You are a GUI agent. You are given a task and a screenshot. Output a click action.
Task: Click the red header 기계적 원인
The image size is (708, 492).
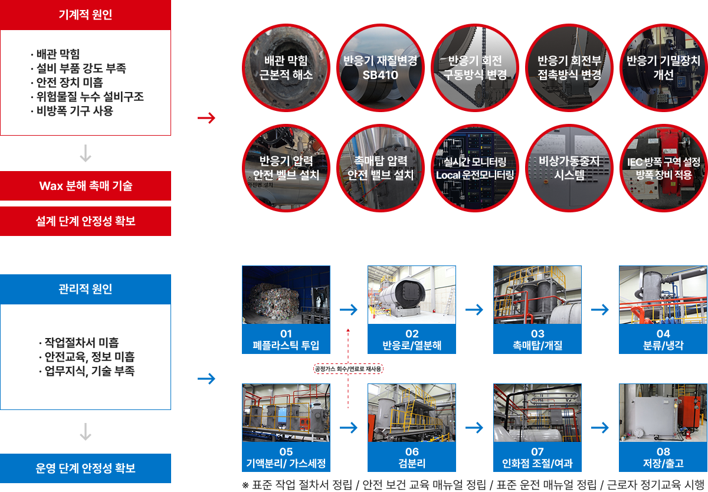tap(86, 15)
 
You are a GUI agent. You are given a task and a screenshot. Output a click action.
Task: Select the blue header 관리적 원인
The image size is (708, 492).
tap(86, 289)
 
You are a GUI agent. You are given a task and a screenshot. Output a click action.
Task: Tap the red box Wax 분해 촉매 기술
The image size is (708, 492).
tap(86, 186)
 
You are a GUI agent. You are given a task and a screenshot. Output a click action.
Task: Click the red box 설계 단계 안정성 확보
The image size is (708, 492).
tap(86, 221)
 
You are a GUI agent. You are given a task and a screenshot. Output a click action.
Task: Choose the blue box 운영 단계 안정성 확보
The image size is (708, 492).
tap(86, 468)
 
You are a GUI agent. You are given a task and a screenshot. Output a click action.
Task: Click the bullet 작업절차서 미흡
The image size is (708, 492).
tap(78, 343)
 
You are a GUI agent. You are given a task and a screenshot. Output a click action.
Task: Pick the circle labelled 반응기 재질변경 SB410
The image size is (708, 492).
tap(380, 68)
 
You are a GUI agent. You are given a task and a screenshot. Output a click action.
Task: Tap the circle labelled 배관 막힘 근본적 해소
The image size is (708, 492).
tap(286, 68)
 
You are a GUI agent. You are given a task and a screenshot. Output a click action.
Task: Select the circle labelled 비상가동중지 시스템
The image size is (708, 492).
tap(569, 168)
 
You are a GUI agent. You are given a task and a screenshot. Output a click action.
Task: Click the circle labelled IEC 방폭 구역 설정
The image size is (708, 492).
tap(663, 168)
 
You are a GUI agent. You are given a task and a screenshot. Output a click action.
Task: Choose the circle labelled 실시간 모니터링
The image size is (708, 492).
tap(475, 168)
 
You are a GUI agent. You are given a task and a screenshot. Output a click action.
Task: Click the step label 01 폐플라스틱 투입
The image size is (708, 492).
tap(286, 339)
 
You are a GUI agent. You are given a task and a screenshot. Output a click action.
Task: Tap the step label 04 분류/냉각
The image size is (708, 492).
tap(663, 339)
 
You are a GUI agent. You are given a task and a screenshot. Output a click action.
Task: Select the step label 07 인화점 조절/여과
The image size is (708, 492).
tap(537, 457)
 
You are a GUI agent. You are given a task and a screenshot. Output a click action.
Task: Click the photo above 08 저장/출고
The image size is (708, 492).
tap(663, 413)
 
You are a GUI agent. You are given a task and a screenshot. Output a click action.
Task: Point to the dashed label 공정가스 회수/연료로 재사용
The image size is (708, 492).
tap(348, 369)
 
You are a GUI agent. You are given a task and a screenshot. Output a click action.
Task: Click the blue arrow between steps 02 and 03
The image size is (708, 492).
tap(474, 310)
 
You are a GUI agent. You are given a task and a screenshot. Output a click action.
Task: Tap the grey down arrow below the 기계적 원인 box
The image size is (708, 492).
tap(86, 153)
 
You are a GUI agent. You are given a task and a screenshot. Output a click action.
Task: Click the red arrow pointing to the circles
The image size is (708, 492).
tap(206, 118)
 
